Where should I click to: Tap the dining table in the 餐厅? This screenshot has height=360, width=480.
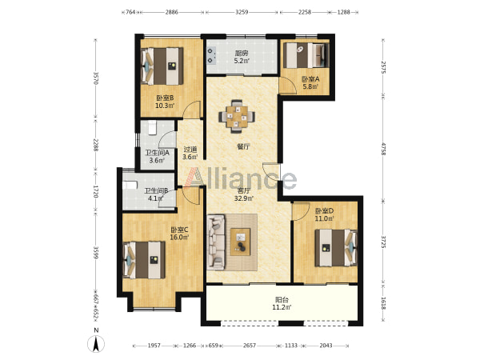click(236, 116)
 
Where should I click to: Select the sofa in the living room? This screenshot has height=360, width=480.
click(216, 242)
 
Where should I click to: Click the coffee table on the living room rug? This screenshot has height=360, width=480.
click(240, 242)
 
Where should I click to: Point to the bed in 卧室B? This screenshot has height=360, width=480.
click(162, 66)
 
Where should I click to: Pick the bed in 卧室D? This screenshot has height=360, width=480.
click(336, 248)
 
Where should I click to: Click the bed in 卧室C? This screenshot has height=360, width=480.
click(144, 260)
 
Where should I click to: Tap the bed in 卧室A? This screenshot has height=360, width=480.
click(306, 55)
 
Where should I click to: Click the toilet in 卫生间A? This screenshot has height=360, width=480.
click(153, 128)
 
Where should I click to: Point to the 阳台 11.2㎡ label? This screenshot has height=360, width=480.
click(282, 303)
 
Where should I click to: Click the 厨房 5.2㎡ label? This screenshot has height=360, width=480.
click(242, 57)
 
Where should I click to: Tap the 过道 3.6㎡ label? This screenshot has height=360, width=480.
click(190, 153)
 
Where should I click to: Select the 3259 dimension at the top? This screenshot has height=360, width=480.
click(242, 12)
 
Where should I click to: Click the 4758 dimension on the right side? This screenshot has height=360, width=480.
click(382, 149)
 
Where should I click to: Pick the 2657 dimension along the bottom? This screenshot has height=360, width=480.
click(250, 346)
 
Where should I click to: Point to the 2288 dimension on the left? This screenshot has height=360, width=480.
click(95, 145)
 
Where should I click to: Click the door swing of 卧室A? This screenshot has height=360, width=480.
click(288, 86)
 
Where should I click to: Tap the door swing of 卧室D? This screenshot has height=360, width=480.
click(301, 211)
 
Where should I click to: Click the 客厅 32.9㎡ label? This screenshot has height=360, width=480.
click(243, 194)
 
